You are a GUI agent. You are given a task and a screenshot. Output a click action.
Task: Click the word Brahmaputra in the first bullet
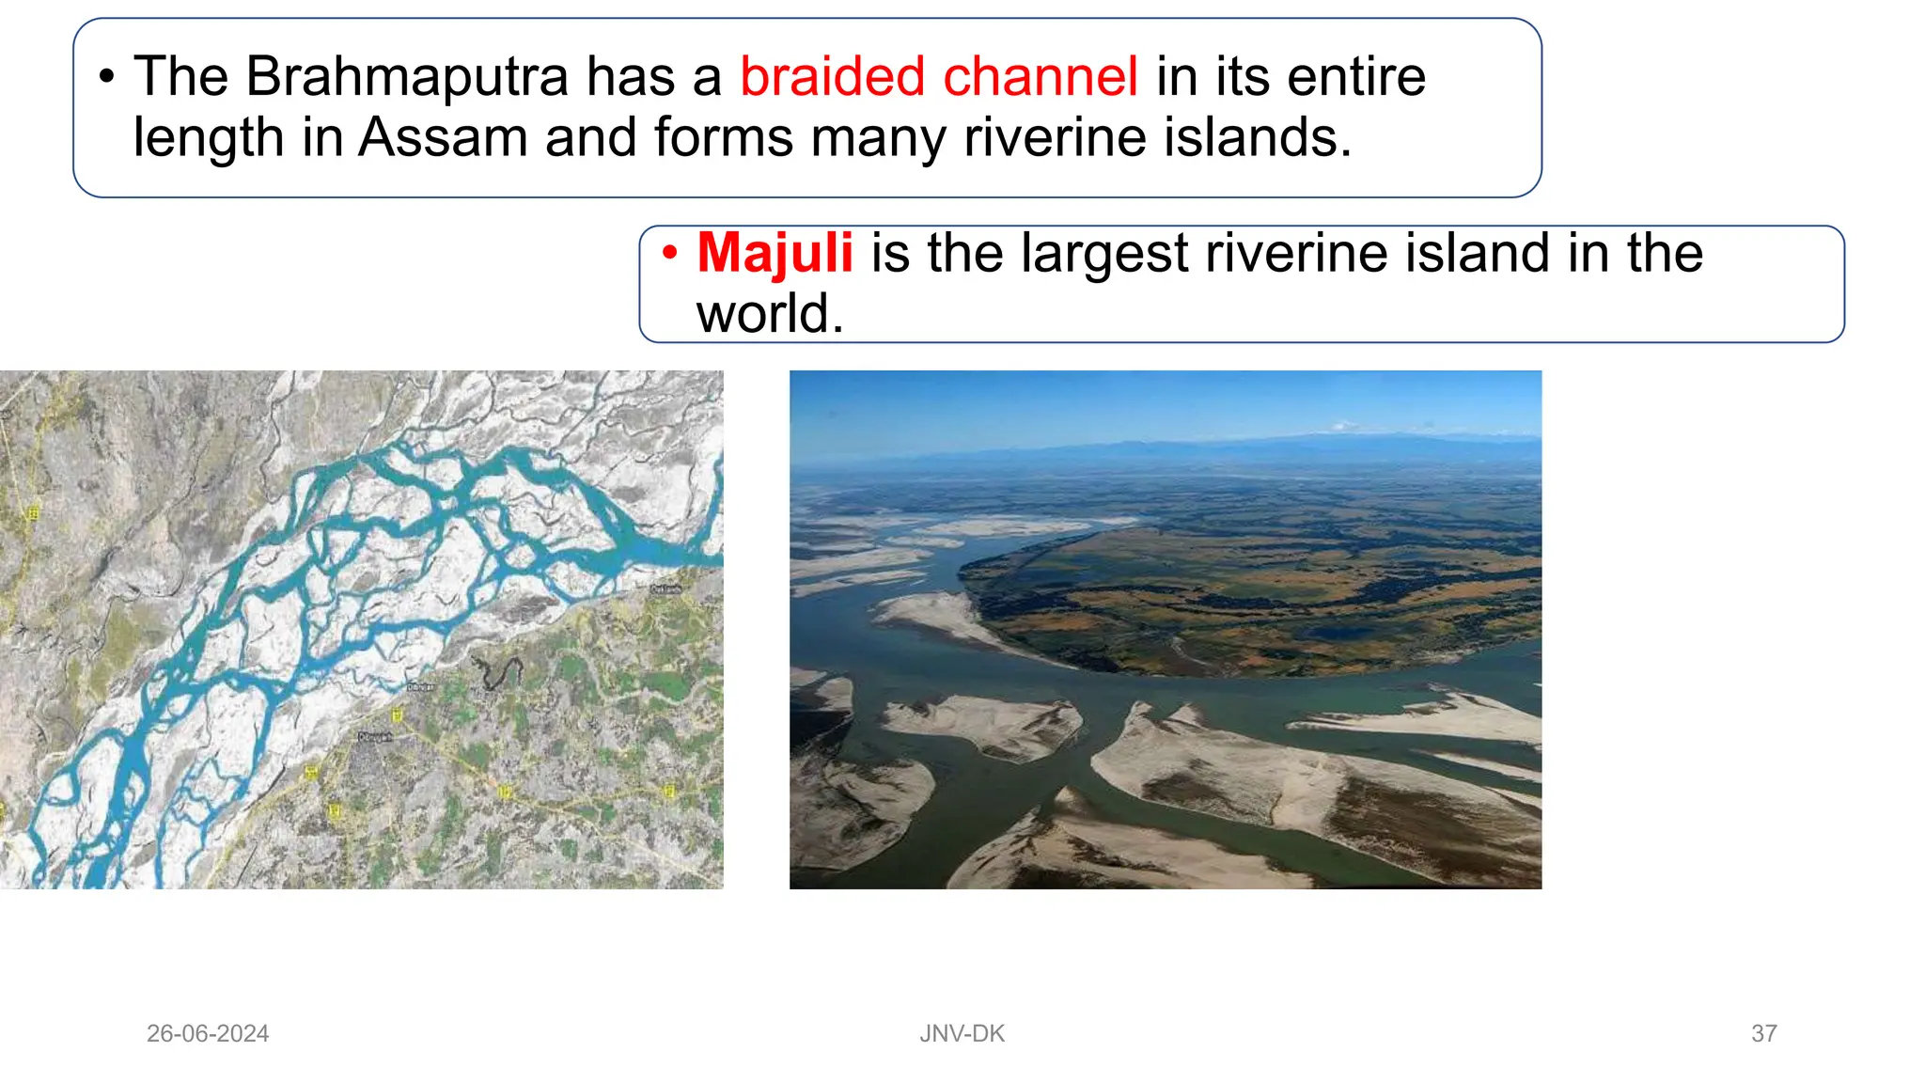(x=406, y=77)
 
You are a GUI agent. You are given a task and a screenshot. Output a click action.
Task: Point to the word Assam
(x=443, y=137)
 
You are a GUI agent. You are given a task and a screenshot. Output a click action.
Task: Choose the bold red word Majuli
(x=775, y=253)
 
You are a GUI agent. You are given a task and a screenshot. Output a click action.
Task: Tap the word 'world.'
(x=770, y=313)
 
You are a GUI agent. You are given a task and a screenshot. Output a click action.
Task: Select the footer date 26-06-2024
(x=208, y=1033)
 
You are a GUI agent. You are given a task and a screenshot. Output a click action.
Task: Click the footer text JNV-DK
(x=962, y=1033)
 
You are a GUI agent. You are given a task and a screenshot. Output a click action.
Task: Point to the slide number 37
(x=1763, y=1033)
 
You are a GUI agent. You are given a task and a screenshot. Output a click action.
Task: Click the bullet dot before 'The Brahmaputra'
(x=107, y=77)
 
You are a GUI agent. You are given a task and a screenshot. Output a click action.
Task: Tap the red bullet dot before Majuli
(x=669, y=253)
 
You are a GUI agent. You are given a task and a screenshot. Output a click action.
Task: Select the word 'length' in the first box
(x=209, y=137)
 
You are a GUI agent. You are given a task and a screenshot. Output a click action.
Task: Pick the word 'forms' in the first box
(x=724, y=137)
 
